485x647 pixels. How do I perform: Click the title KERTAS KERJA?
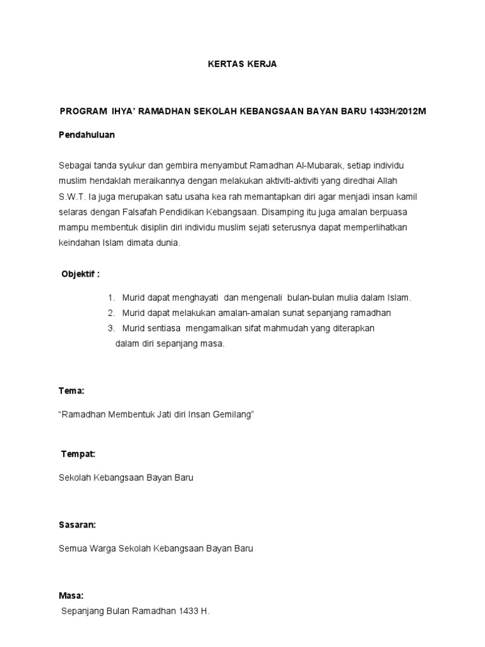tap(242, 64)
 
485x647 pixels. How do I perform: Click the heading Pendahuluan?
tap(87, 135)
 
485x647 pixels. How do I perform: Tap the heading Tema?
tap(71, 391)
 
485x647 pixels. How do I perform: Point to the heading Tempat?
tap(78, 454)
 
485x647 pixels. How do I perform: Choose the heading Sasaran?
tap(78, 525)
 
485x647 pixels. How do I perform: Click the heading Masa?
tap(71, 595)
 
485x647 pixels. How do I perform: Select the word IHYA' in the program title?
tap(123, 111)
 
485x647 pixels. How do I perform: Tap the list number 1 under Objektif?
tap(111, 297)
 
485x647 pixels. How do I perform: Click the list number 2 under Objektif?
tap(111, 313)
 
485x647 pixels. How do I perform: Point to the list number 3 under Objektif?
tap(111, 329)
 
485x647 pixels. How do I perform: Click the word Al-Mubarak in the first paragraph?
tap(315, 166)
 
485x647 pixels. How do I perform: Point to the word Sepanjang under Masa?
tap(83, 612)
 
